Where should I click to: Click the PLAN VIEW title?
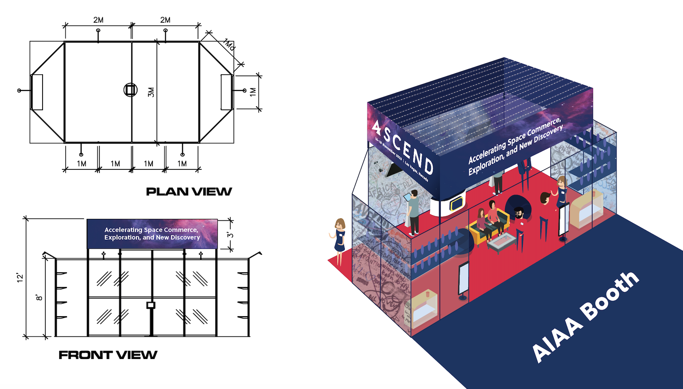click(x=189, y=192)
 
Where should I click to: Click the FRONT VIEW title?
click(x=108, y=355)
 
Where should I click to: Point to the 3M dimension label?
click(x=151, y=92)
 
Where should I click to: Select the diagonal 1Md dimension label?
click(x=229, y=45)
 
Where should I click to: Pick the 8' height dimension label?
click(x=39, y=297)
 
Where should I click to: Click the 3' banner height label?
click(x=230, y=235)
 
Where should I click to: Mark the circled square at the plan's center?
click(x=130, y=90)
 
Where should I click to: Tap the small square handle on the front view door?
click(x=151, y=305)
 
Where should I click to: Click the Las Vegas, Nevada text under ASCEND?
click(x=416, y=171)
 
